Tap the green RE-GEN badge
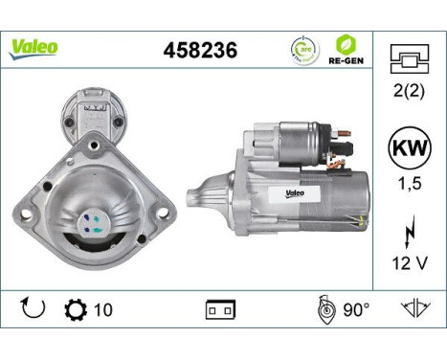[x=346, y=49]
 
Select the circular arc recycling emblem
[x=303, y=49]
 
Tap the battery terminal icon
[x=220, y=311]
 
